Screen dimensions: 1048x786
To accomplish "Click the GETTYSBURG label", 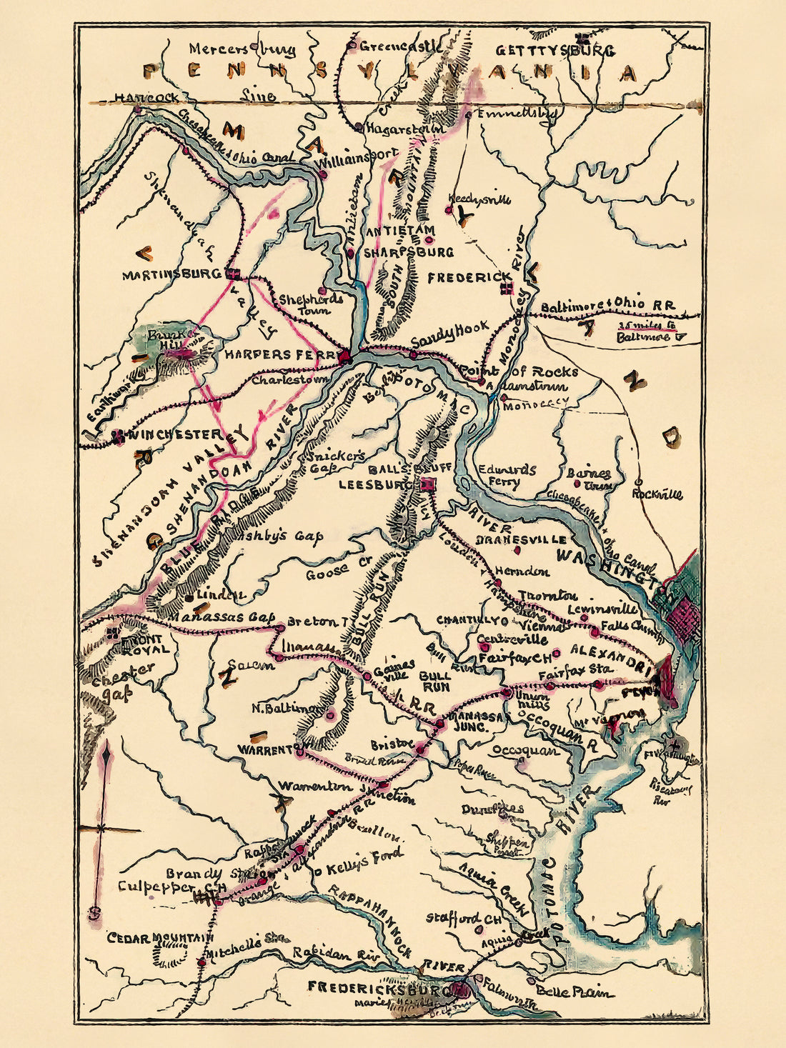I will coord(554,51).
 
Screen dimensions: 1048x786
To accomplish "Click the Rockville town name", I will coord(657,494).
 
